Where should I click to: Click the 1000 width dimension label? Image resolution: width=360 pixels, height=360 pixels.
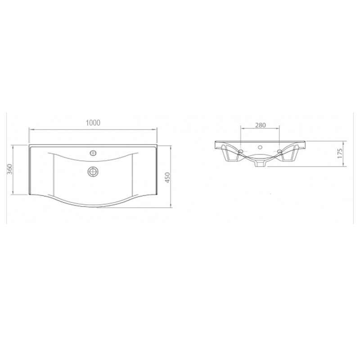tap(93, 123)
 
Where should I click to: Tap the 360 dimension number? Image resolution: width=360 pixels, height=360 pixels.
tap(9, 169)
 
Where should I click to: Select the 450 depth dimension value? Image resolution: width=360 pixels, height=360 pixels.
tap(167, 177)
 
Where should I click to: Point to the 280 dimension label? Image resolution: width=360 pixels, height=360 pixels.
tap(261, 125)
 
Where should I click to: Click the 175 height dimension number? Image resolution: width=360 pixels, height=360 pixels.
tap(340, 153)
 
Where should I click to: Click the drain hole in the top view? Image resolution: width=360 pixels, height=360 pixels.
tap(93, 171)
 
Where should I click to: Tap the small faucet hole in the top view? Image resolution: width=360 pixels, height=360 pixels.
tap(93, 153)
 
